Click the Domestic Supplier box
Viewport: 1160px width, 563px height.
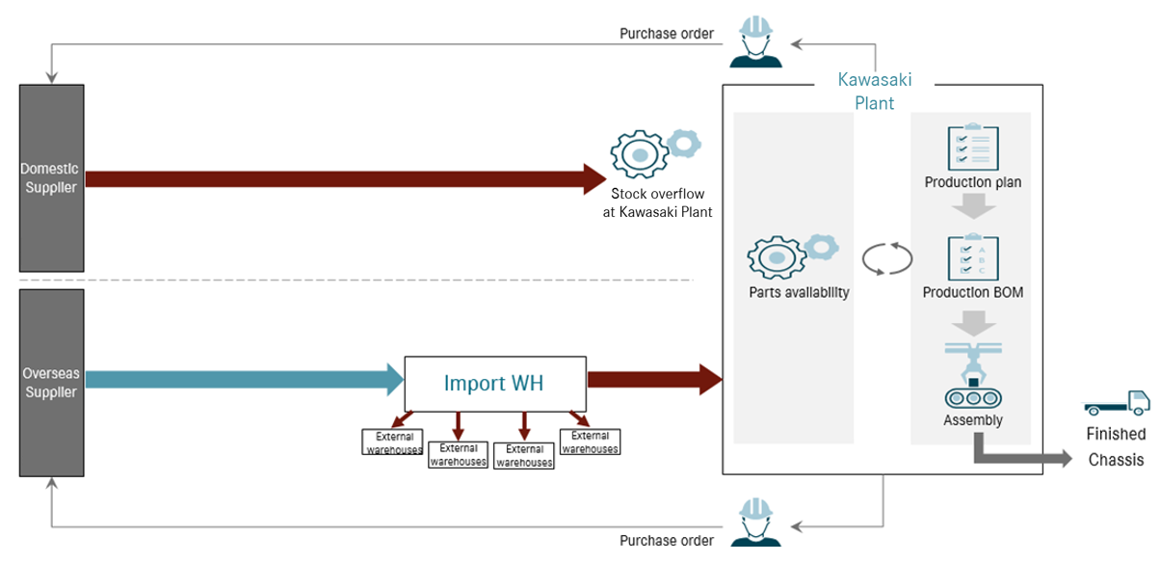pos(51,177)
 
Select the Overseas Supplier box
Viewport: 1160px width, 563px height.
pos(51,382)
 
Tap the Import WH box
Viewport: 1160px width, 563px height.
pos(494,383)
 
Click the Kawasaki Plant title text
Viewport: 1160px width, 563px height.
pos(874,91)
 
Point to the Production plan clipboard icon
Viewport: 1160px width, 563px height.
pos(972,147)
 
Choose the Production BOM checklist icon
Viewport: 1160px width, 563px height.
pos(972,257)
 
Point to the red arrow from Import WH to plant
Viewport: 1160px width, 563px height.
pos(654,379)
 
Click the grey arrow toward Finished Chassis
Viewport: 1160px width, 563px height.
pos(1021,455)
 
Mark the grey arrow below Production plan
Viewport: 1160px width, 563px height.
pos(972,206)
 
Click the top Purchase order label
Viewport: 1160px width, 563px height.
pos(666,34)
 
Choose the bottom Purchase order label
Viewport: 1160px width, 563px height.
pos(666,541)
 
